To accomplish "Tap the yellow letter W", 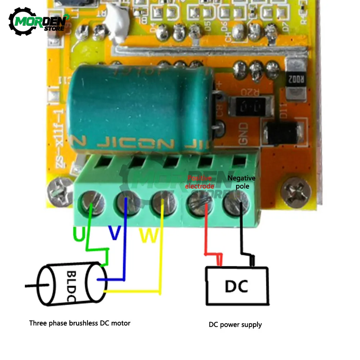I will pyautogui.click(x=148, y=235).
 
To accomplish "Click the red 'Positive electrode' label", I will pyautogui.click(x=200, y=182).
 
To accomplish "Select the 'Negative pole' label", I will pyautogui.click(x=242, y=182).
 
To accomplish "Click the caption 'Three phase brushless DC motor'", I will pyautogui.click(x=80, y=323).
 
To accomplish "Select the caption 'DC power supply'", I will pyautogui.click(x=235, y=325).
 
